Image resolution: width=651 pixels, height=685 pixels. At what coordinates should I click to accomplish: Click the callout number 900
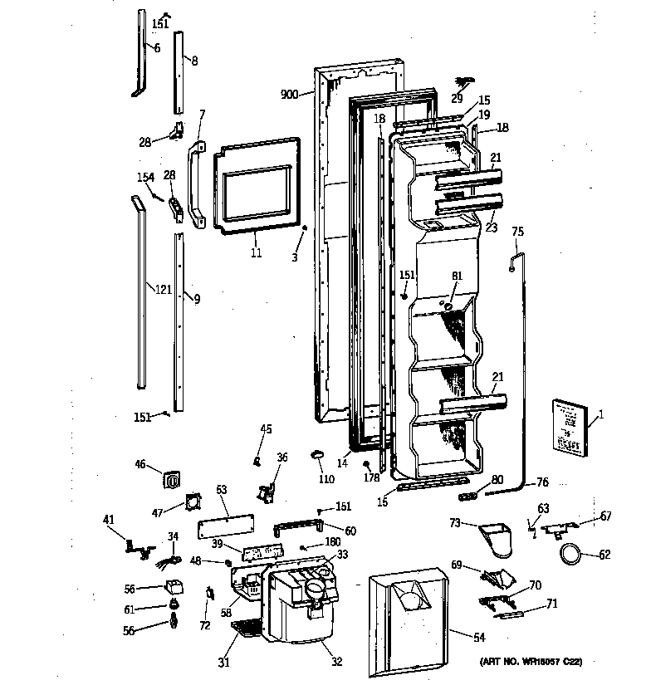click(289, 95)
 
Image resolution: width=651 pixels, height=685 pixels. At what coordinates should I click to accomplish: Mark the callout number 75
click(517, 232)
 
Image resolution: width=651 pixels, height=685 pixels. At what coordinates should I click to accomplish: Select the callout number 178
click(371, 477)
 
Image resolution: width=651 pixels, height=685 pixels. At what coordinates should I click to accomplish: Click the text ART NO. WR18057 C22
click(531, 662)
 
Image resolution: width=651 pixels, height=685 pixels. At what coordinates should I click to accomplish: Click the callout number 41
click(109, 521)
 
